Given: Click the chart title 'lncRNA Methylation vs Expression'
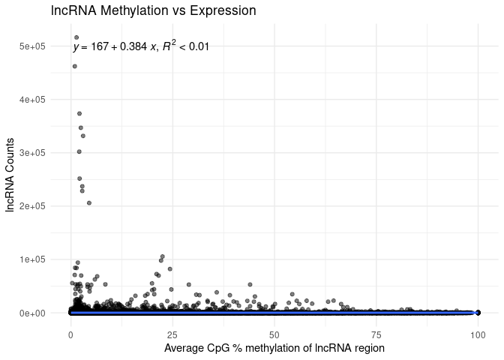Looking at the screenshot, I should (x=154, y=11).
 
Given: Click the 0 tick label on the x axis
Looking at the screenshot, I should (x=70, y=332).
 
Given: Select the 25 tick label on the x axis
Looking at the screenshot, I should (x=172, y=332).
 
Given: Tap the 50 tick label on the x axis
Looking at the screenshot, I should (x=274, y=332).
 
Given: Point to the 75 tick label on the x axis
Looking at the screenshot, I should (x=376, y=332).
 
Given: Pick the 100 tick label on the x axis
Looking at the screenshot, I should (x=478, y=332).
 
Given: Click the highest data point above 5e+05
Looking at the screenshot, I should (x=76, y=37).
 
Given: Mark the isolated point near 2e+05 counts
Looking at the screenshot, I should (x=89, y=202).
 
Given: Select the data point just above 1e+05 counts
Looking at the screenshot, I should (x=162, y=256).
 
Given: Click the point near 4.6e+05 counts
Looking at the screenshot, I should (x=74, y=66).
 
